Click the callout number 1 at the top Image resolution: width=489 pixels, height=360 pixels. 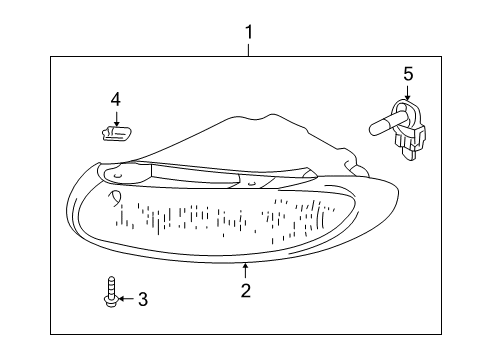249,33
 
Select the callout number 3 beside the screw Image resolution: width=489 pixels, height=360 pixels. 142,298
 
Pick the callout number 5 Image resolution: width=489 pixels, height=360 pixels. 407,73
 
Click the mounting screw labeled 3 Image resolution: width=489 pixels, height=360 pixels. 108,294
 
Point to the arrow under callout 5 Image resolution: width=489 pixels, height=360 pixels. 406,93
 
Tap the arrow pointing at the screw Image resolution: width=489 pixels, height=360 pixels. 123,298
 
